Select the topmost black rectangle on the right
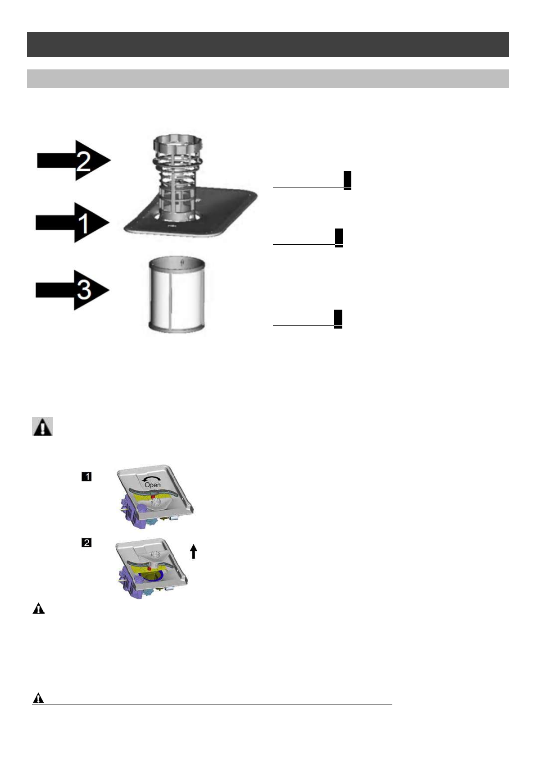(x=347, y=180)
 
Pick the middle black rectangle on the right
(x=339, y=238)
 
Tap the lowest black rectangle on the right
(x=338, y=319)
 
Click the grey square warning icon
(x=43, y=426)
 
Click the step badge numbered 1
(x=86, y=476)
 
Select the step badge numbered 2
(x=86, y=543)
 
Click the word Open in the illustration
(x=152, y=485)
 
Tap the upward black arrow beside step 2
(x=193, y=551)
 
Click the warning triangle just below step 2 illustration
(x=39, y=609)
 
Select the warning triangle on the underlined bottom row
(x=39, y=698)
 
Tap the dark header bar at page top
(x=268, y=44)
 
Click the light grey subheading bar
(x=268, y=78)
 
